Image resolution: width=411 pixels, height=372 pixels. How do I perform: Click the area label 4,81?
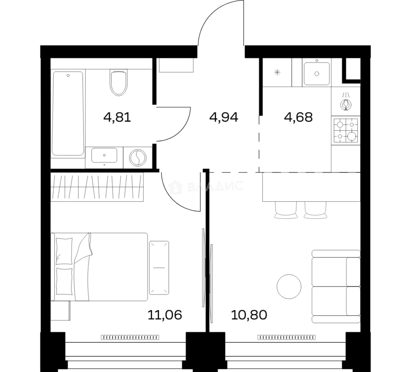[117, 117]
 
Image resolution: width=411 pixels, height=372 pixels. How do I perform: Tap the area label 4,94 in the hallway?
[224, 117]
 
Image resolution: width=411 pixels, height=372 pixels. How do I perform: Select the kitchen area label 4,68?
[298, 117]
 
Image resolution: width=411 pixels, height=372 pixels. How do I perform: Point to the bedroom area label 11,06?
[165, 314]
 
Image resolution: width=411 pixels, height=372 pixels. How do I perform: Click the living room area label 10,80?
[249, 314]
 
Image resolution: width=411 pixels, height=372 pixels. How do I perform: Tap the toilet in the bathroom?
[119, 82]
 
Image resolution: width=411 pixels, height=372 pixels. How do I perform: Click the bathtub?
[68, 113]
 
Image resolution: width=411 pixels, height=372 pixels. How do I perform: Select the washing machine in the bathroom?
[138, 158]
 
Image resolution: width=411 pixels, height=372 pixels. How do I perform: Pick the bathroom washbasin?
[104, 155]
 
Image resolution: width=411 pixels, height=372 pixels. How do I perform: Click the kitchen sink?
[317, 73]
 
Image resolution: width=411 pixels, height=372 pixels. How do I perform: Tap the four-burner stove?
[346, 130]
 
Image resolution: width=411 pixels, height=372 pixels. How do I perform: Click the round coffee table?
[289, 287]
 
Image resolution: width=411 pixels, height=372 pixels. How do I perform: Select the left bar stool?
[286, 210]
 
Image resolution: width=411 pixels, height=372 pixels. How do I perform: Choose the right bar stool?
[316, 210]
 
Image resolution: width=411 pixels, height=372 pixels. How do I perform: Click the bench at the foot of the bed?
[159, 268]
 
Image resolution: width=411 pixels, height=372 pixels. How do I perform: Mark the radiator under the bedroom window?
[130, 337]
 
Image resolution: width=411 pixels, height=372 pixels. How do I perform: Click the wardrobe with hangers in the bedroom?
[97, 187]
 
